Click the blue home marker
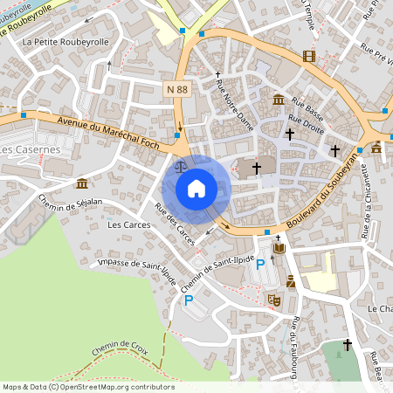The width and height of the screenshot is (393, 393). pos(196,188)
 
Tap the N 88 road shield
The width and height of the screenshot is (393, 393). pos(178,88)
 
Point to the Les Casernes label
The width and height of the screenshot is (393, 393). pos(30,150)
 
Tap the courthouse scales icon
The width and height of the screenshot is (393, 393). pos(181,164)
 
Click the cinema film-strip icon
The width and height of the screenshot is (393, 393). pos(307,56)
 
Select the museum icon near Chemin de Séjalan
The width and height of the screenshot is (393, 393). pos(81,183)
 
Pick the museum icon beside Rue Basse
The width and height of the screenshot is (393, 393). pos(278,100)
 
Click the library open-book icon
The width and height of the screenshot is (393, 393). pos(279,249)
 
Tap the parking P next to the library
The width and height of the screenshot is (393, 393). pos(259,265)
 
